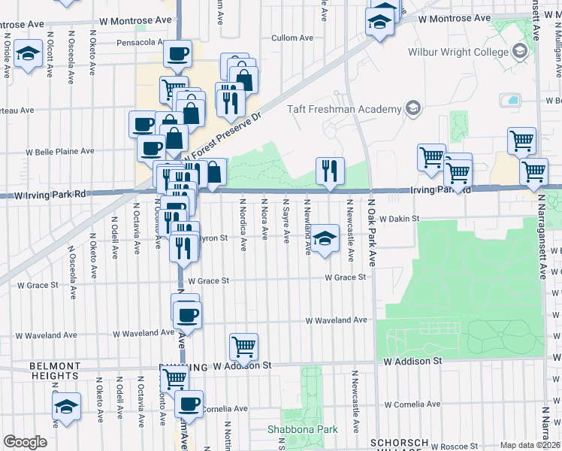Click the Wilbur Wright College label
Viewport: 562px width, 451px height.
[x=461, y=52]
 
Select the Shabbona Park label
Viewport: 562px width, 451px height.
[x=303, y=429]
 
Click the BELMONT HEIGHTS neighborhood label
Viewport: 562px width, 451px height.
[x=54, y=371]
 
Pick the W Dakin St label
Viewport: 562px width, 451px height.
[x=397, y=219]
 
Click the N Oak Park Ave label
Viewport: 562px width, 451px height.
[x=371, y=232]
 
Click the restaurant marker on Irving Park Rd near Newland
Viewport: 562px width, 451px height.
[x=330, y=172]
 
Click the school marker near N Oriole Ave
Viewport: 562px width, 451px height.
[x=29, y=56]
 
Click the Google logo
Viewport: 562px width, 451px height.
[x=25, y=442]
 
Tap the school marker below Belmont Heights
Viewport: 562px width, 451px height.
[x=66, y=407]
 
